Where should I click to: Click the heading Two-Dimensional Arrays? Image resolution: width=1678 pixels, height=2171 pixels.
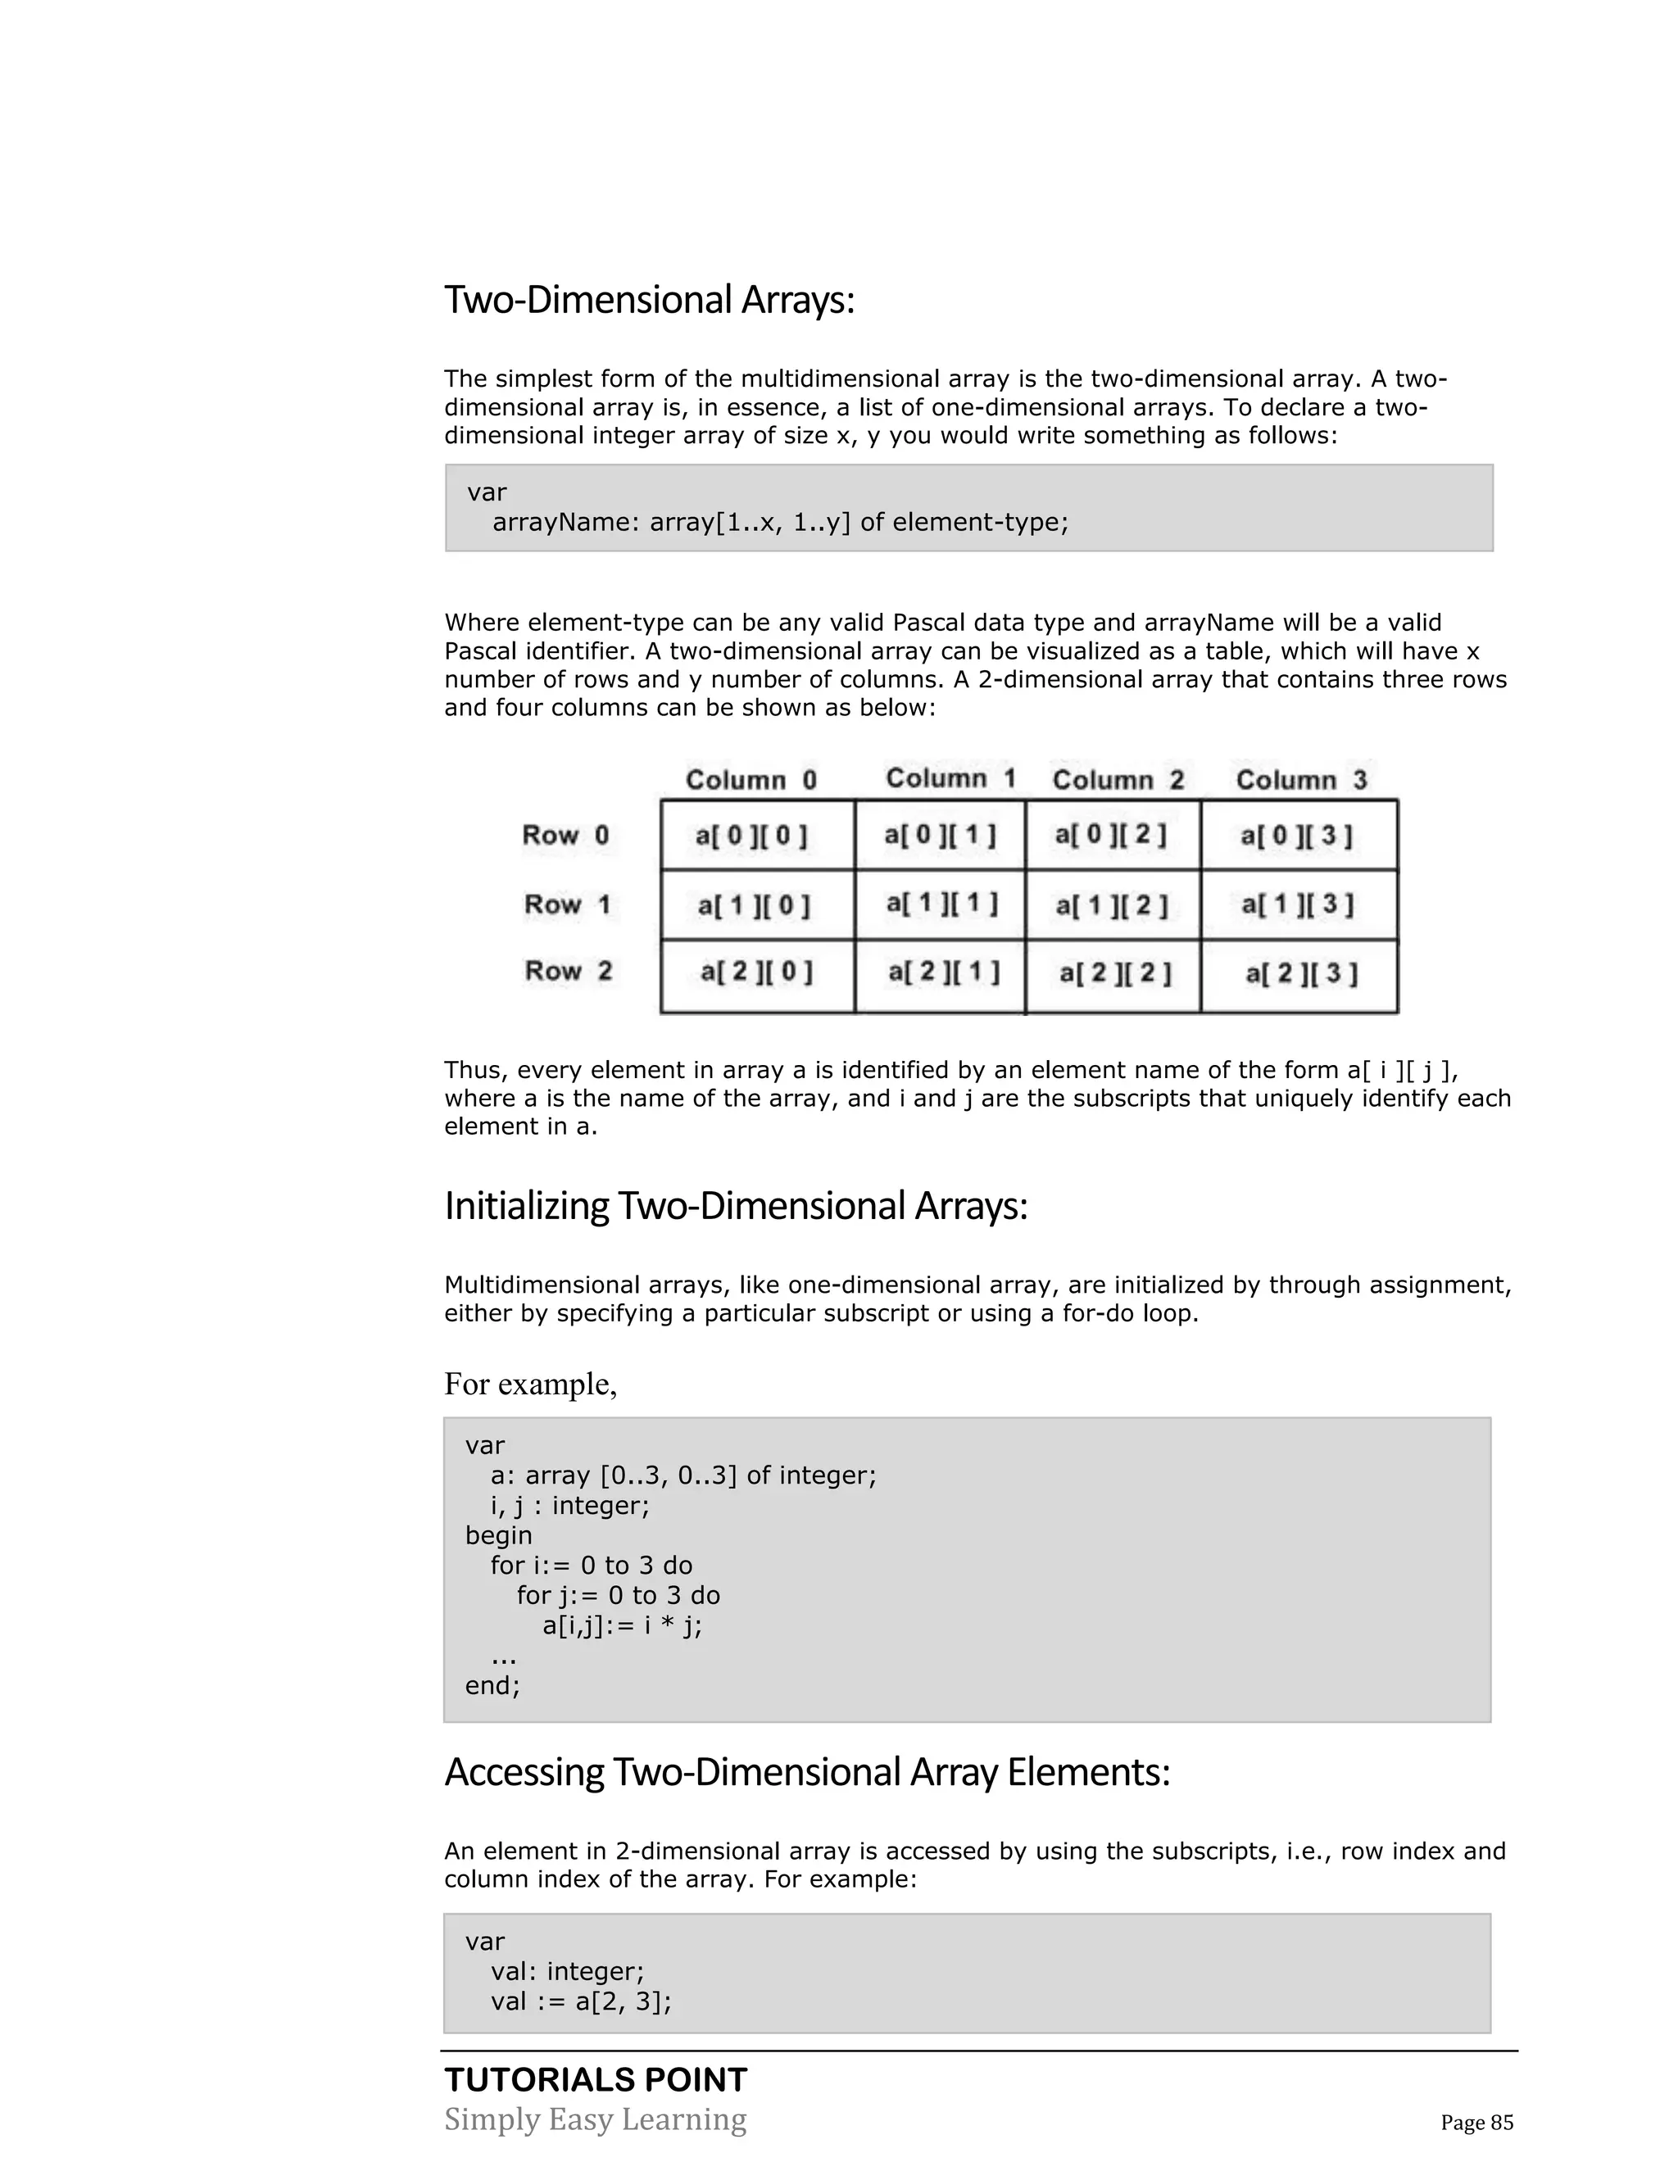[x=649, y=299]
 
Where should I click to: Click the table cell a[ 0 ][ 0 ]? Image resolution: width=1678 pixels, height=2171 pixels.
[x=751, y=836]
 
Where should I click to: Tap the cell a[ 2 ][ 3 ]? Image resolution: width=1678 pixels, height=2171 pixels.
[x=1300, y=973]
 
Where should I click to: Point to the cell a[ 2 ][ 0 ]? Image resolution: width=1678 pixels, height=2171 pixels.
[x=756, y=972]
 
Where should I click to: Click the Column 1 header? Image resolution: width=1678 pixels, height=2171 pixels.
[x=950, y=778]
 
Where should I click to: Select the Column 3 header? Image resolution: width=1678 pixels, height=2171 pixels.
[x=1301, y=779]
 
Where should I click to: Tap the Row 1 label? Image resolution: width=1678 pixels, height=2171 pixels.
[x=567, y=904]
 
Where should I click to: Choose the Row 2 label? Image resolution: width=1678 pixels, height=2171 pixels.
[x=569, y=971]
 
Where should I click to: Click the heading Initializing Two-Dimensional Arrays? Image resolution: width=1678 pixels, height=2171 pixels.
[x=736, y=1206]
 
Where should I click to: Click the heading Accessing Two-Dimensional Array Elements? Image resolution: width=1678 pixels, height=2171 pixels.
[x=807, y=1772]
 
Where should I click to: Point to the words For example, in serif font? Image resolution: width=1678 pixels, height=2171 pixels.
[x=531, y=1384]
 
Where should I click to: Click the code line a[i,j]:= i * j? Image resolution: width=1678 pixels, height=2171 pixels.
[x=623, y=1625]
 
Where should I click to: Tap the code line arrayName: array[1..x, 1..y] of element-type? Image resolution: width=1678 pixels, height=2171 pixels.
[x=780, y=522]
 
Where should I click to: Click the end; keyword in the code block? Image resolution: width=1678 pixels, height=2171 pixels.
[x=493, y=1685]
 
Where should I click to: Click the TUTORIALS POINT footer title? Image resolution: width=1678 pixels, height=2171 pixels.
[x=596, y=2079]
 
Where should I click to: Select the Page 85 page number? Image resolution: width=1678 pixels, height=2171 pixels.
[x=1476, y=2123]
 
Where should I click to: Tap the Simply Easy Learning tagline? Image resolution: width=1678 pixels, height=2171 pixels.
[x=596, y=2119]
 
